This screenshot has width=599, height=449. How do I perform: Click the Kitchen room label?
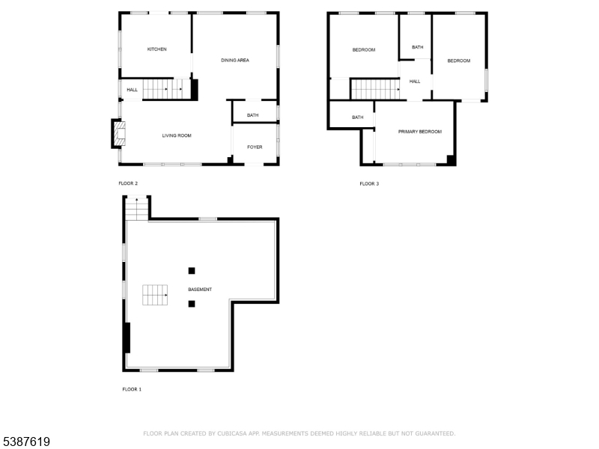pyautogui.click(x=156, y=49)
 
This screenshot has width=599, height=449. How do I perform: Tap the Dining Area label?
pyautogui.click(x=235, y=61)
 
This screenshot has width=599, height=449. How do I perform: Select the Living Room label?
pyautogui.click(x=177, y=135)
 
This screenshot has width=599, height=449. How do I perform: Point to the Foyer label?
pyautogui.click(x=255, y=147)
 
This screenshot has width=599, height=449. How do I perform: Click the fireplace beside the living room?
pyautogui.click(x=119, y=134)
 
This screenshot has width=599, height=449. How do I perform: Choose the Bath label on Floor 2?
pyautogui.click(x=252, y=115)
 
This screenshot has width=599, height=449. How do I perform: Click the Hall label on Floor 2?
pyautogui.click(x=133, y=90)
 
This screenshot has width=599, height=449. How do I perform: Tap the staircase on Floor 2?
pyautogui.click(x=166, y=89)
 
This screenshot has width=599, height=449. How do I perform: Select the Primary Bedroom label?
pyautogui.click(x=420, y=132)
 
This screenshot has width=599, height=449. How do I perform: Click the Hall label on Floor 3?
pyautogui.click(x=415, y=82)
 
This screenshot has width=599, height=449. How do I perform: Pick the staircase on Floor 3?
pyautogui.click(x=375, y=89)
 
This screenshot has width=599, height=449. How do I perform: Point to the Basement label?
pyautogui.click(x=200, y=290)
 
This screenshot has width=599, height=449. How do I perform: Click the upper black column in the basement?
pyautogui.click(x=192, y=271)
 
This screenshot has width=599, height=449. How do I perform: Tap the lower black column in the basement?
pyautogui.click(x=192, y=304)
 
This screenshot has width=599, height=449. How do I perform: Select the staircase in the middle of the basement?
pyautogui.click(x=155, y=295)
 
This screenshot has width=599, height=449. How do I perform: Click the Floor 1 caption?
pyautogui.click(x=132, y=389)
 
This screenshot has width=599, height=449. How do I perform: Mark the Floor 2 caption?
pyautogui.click(x=128, y=183)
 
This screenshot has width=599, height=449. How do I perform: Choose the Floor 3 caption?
pyautogui.click(x=369, y=183)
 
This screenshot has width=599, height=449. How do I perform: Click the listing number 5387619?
pyautogui.click(x=26, y=442)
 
